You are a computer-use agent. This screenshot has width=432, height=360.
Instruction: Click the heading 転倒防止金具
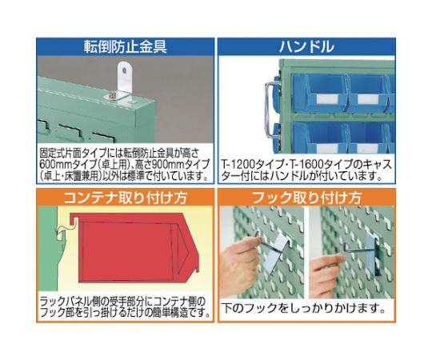(126, 46)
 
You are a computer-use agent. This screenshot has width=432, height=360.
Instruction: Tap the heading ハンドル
(306, 46)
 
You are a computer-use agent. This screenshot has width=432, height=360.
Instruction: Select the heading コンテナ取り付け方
(126, 198)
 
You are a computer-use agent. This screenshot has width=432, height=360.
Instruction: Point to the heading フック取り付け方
(306, 198)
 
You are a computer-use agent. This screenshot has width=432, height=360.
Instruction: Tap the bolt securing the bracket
(113, 96)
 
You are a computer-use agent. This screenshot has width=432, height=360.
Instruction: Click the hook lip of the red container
(74, 219)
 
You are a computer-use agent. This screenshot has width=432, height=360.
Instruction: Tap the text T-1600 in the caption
(306, 165)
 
